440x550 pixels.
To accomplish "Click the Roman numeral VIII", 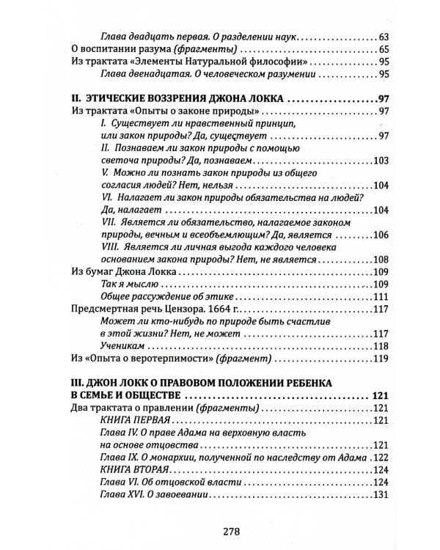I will point(109,247).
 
